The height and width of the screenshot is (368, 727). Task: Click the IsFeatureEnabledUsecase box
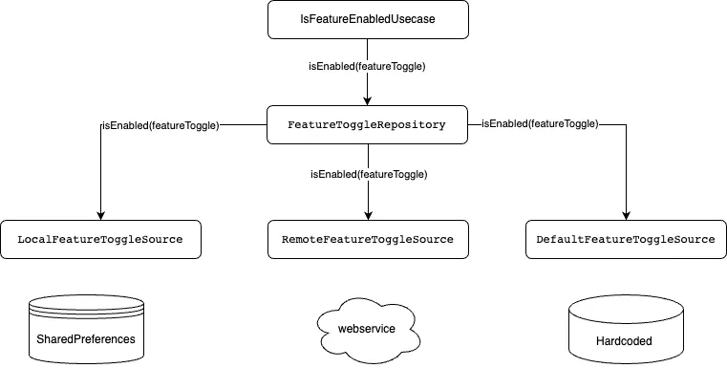coord(367,19)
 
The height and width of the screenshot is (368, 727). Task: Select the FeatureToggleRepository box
coord(367,125)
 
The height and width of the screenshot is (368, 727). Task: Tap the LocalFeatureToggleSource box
coord(100,239)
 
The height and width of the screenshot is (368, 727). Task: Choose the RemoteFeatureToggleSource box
coord(367,239)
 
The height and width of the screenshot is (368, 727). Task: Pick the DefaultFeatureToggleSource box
coord(626,239)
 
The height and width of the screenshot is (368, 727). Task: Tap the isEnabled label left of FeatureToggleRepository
coord(160,125)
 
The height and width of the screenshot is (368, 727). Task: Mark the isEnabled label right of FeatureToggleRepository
coord(540,123)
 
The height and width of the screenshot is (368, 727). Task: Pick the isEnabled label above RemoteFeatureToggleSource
coord(368,174)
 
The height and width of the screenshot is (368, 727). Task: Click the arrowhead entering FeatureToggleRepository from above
coord(368,100)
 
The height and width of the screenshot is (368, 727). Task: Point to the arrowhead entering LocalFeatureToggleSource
coord(100,214)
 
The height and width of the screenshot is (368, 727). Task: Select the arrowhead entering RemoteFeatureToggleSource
coord(368,214)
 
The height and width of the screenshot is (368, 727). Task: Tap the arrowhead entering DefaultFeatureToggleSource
coord(626,214)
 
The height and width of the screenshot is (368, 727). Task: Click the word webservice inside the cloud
coord(367,329)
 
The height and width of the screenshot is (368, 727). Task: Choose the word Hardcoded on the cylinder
coord(626,338)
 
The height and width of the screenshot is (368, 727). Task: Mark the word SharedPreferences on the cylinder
coord(87,338)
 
